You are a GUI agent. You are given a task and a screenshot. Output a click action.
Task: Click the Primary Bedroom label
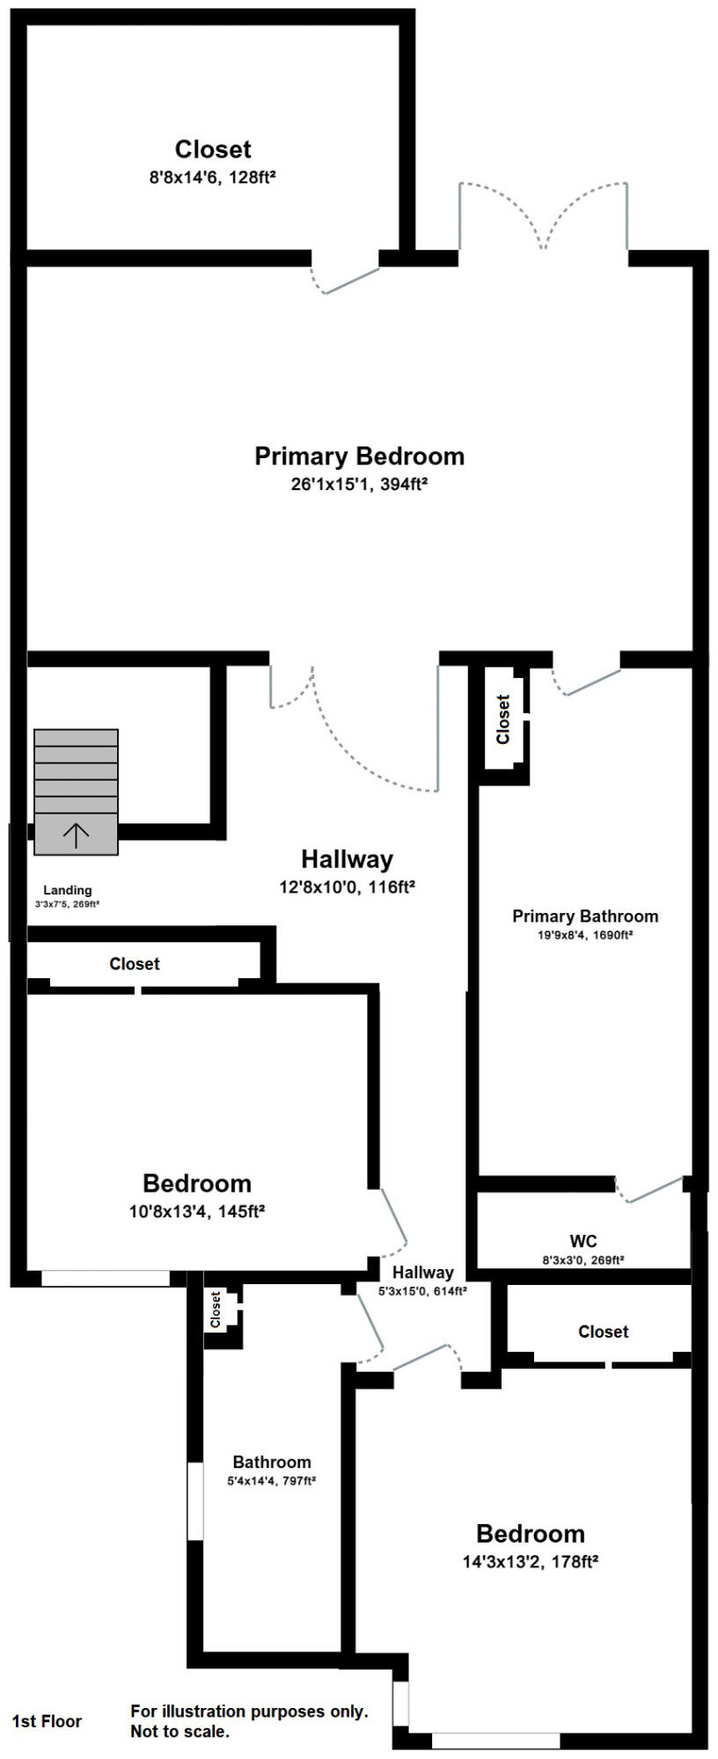click(359, 456)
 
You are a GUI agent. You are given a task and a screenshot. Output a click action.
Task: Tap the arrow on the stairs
click(77, 835)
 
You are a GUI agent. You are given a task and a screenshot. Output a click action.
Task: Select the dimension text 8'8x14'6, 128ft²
click(213, 178)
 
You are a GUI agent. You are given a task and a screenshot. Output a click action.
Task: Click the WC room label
click(583, 1241)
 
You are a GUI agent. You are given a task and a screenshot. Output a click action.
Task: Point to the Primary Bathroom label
click(585, 916)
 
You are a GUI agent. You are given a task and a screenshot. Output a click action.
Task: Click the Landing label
click(68, 890)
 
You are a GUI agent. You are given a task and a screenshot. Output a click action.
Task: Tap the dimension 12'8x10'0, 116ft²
click(347, 887)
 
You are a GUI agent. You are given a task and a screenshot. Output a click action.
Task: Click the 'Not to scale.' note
click(180, 1732)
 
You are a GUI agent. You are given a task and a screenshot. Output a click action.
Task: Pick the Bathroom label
click(272, 1462)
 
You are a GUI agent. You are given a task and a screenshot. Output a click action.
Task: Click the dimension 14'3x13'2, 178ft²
click(531, 1562)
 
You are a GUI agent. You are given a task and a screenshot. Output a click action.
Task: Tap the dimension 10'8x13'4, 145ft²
click(197, 1211)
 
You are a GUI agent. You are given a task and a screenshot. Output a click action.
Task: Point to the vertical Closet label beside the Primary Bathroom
click(503, 719)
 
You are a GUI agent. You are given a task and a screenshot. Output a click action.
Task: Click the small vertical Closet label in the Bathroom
click(216, 1310)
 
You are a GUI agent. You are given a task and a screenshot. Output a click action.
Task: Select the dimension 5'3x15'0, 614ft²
click(422, 1291)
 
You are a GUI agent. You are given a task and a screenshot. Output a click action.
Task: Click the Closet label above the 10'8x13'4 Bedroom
click(135, 964)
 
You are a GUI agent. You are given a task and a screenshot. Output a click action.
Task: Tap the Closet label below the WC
click(604, 1332)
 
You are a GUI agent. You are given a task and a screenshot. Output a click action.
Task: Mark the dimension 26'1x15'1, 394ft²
click(359, 484)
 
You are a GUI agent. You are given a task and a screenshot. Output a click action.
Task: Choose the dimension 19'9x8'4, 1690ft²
click(585, 936)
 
